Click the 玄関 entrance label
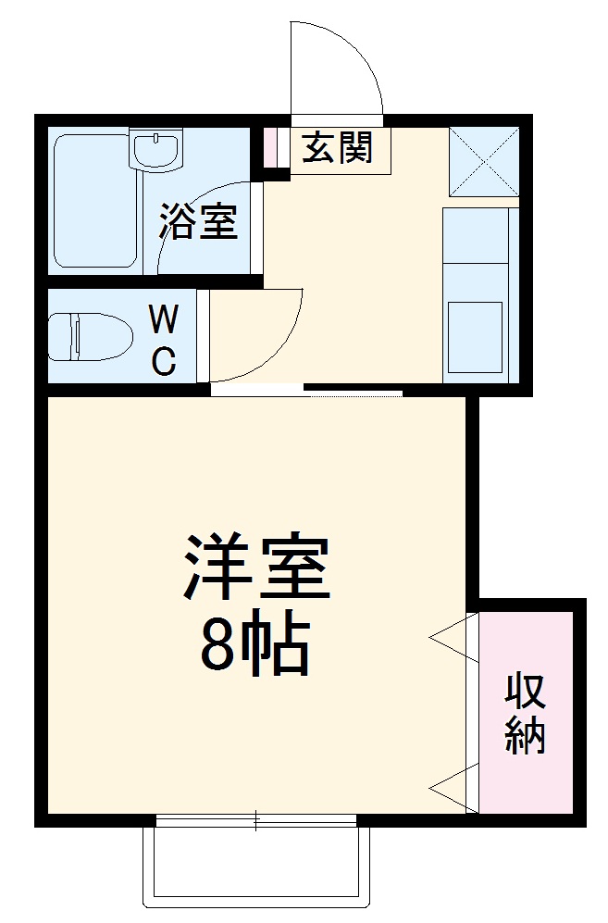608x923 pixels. coord(338,148)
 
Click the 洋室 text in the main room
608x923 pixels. coord(256,567)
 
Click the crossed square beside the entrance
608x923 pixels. coord(483,161)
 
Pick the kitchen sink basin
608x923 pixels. coord(476,334)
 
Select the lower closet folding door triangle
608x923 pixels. coord(454,787)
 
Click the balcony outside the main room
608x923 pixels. coord(256,866)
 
